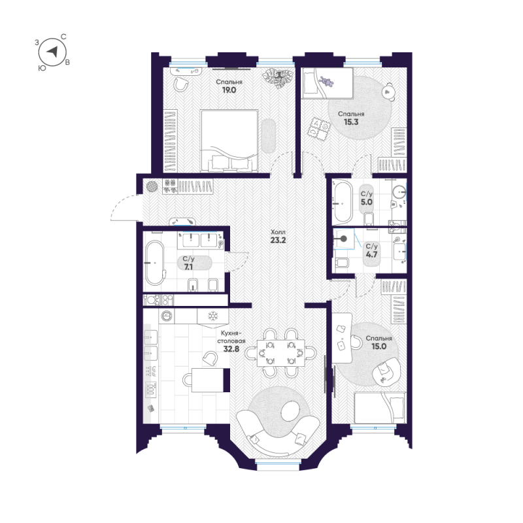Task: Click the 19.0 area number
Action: click(x=229, y=90)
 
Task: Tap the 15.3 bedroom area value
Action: click(x=351, y=122)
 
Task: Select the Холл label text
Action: click(x=278, y=232)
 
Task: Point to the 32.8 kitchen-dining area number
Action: click(x=231, y=349)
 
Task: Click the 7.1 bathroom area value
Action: click(x=188, y=267)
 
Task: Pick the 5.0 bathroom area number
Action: click(x=367, y=202)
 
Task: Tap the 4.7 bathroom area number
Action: click(x=371, y=254)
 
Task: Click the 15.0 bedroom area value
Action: click(x=379, y=346)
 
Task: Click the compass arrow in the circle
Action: click(x=52, y=52)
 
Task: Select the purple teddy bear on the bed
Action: click(x=326, y=81)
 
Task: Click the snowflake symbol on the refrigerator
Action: click(x=213, y=316)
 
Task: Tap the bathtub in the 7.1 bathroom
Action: click(x=155, y=263)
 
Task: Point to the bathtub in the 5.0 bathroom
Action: click(x=343, y=202)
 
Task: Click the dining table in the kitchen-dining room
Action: click(x=281, y=353)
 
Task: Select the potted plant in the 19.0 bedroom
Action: click(x=277, y=78)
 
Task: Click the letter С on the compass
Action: click(x=63, y=37)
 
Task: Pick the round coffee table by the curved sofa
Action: click(x=290, y=411)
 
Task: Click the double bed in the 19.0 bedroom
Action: click(x=229, y=141)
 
